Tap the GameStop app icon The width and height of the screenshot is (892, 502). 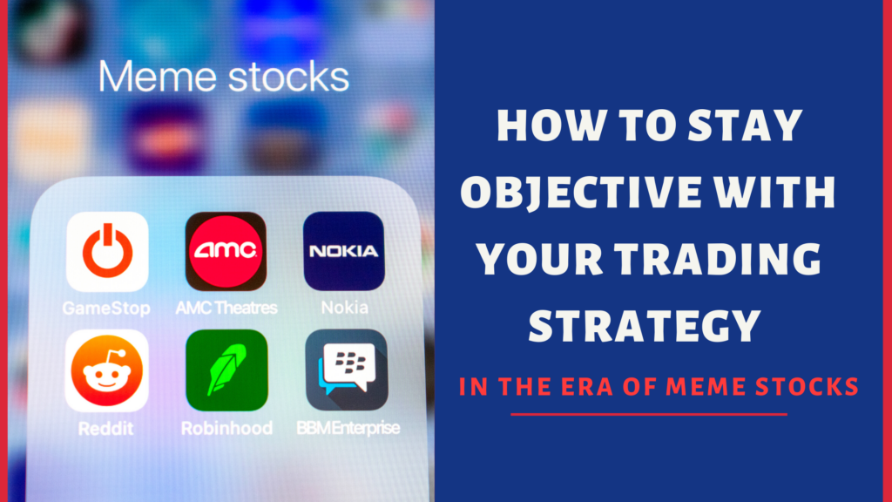point(107,252)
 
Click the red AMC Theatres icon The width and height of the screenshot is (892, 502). point(226,252)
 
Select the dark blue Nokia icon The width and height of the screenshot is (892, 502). point(343,252)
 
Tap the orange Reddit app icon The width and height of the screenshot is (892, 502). point(107,370)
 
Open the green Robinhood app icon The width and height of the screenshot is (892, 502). point(226,370)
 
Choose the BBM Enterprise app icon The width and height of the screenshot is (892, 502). point(346,370)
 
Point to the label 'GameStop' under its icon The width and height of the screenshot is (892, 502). point(106,308)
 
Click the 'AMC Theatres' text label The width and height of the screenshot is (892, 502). point(226,308)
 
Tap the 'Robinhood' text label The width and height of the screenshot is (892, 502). point(226,428)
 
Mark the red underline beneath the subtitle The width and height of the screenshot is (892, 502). point(648,414)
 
